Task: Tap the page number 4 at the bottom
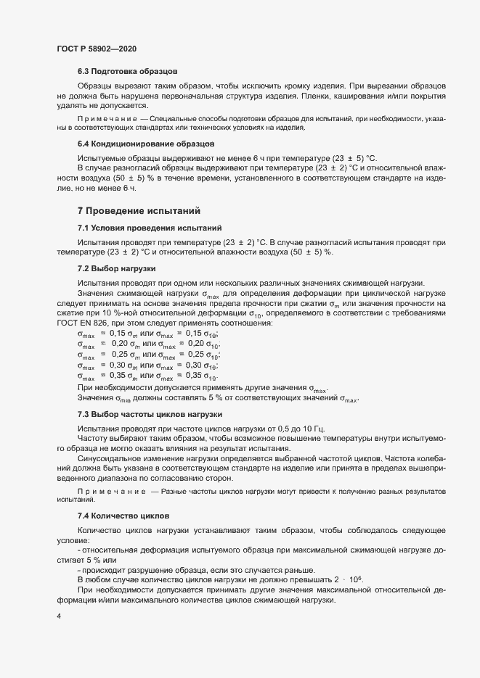click(x=58, y=616)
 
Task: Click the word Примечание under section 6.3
click(x=106, y=117)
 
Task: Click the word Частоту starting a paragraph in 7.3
click(x=94, y=438)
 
